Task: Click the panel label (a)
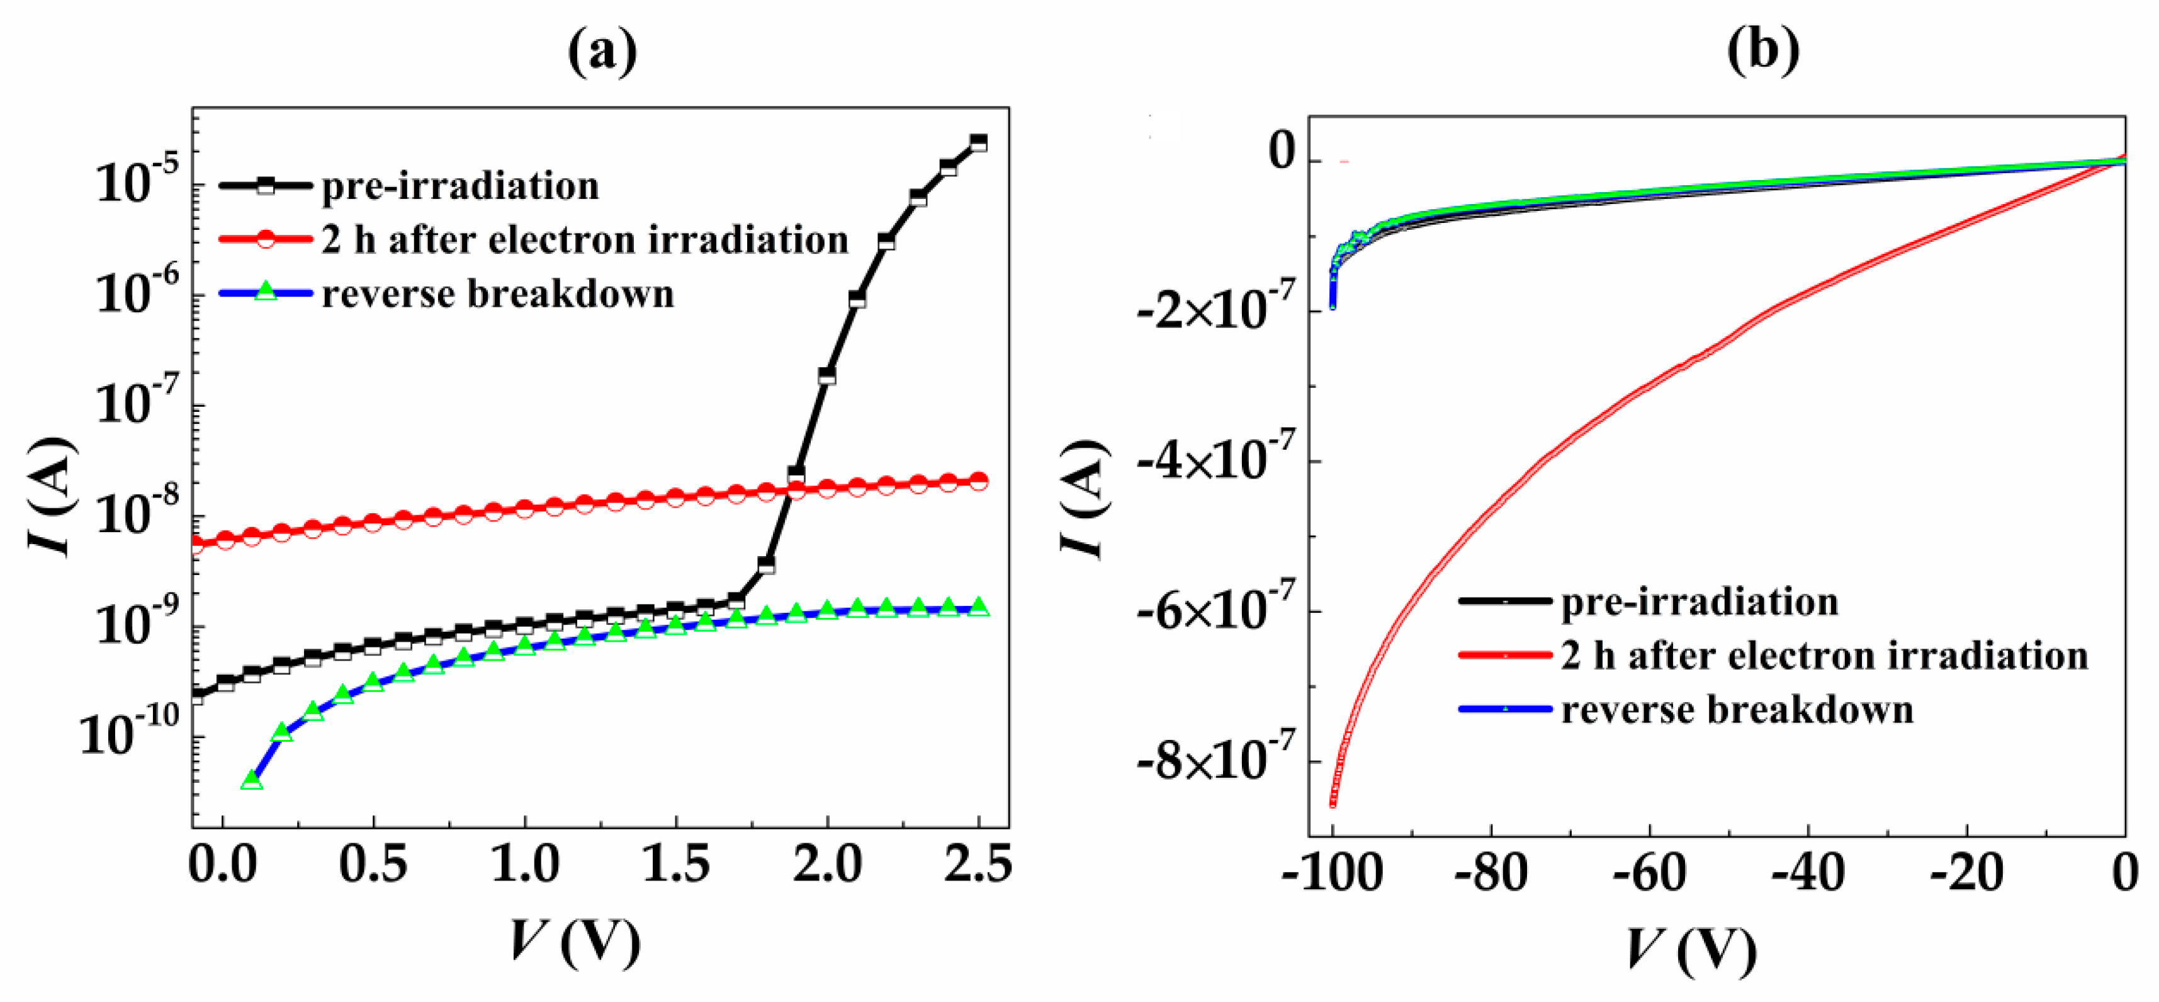[602, 52]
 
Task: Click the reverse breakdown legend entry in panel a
[498, 294]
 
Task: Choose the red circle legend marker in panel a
[266, 240]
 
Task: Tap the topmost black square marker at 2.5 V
[978, 142]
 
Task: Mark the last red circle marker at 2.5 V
[978, 481]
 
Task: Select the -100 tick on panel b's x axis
[1333, 874]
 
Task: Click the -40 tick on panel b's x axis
[1808, 874]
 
